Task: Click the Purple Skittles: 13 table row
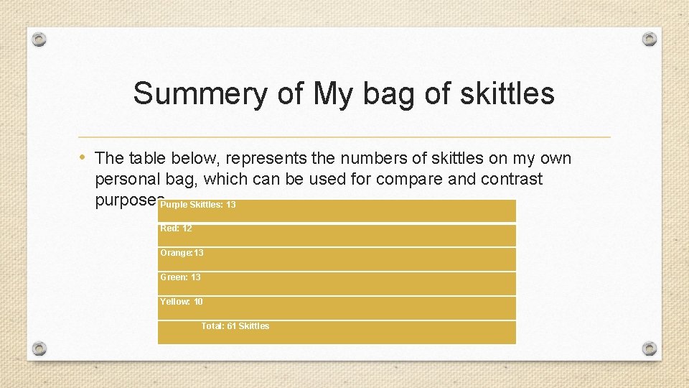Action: (x=198, y=205)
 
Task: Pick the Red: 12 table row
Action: (x=177, y=228)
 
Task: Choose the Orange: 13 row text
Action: (x=182, y=253)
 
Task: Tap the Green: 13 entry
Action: (x=181, y=277)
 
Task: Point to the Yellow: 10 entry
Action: (x=182, y=302)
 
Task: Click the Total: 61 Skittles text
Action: (x=235, y=326)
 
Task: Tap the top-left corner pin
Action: (x=40, y=39)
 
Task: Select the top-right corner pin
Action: (x=649, y=39)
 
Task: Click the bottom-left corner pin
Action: (x=40, y=348)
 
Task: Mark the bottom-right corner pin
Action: (x=649, y=348)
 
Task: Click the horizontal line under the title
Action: (x=344, y=137)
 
